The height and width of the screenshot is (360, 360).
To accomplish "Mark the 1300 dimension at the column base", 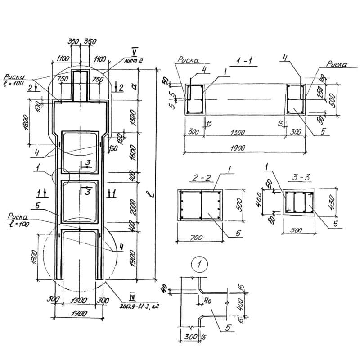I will click(78, 299).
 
